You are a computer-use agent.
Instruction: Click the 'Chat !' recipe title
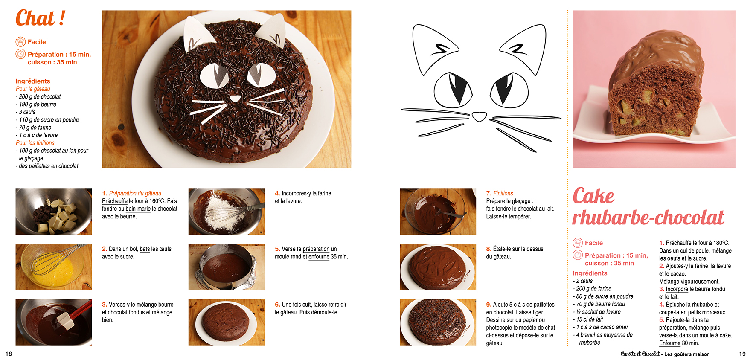tap(41, 18)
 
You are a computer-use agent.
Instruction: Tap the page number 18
tap(9, 354)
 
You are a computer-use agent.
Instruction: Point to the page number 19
tap(742, 354)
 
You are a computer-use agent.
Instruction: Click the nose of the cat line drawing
tap(479, 116)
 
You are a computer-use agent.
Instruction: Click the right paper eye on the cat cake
tap(261, 74)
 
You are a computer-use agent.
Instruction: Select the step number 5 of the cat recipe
tap(277, 249)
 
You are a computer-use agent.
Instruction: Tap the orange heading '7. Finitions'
tap(500, 193)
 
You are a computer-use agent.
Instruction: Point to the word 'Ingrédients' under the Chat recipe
tap(33, 81)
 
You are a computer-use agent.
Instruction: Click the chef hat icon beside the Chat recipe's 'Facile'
tap(20, 42)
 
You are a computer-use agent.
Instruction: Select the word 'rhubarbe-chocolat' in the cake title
tap(648, 218)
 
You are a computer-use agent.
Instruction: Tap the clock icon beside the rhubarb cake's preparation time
tap(578, 255)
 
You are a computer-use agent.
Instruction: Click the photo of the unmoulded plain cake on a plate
tap(227, 322)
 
